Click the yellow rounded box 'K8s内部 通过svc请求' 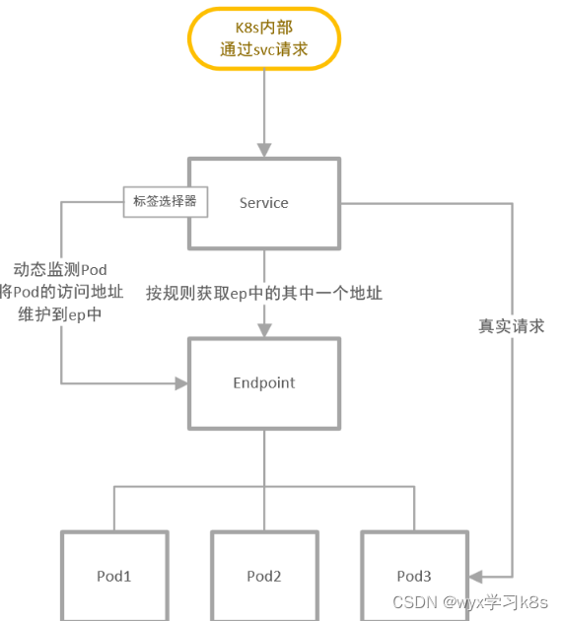click(264, 39)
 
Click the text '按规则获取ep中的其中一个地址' click(264, 293)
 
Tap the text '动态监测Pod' click(60, 270)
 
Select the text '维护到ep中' click(60, 315)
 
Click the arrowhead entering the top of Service click(264, 149)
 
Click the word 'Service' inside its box click(264, 203)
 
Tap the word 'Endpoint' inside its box click(264, 382)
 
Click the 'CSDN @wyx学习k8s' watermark click(470, 601)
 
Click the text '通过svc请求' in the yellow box click(264, 49)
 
